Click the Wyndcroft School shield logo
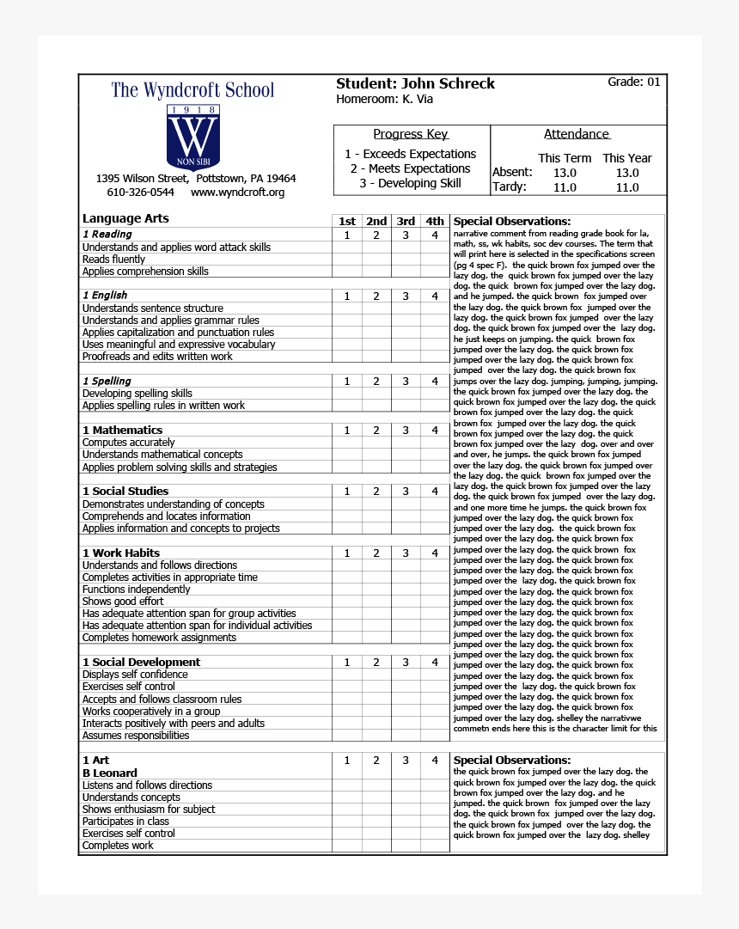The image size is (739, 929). (192, 137)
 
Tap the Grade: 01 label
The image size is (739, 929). (634, 82)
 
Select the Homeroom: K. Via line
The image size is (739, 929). (384, 100)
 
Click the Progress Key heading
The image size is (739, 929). (411, 134)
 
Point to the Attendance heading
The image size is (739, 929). (577, 134)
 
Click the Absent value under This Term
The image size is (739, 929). (565, 173)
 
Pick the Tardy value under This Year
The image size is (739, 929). (627, 187)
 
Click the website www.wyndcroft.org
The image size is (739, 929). (237, 193)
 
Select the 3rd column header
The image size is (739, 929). (406, 221)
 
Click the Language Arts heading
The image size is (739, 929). (125, 218)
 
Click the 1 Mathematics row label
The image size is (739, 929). (122, 430)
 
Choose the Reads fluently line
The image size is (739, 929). (113, 260)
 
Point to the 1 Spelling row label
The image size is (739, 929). (107, 381)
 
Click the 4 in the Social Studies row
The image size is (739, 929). (435, 492)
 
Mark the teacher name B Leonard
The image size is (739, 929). (109, 773)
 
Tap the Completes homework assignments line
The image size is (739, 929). (159, 638)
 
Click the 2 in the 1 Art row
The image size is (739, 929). (376, 761)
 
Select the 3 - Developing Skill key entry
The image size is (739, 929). (410, 183)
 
